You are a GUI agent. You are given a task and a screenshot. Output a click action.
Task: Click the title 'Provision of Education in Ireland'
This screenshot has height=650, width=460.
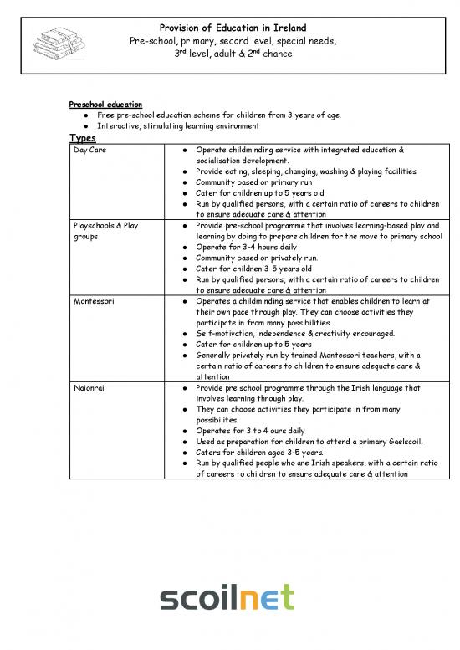click(233, 28)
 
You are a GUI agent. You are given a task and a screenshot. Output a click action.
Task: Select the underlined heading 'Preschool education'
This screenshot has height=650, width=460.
click(105, 105)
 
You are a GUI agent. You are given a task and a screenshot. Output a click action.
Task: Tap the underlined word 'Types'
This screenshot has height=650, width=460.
click(82, 138)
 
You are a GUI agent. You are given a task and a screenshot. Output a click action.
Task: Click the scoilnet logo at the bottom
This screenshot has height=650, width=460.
click(227, 599)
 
